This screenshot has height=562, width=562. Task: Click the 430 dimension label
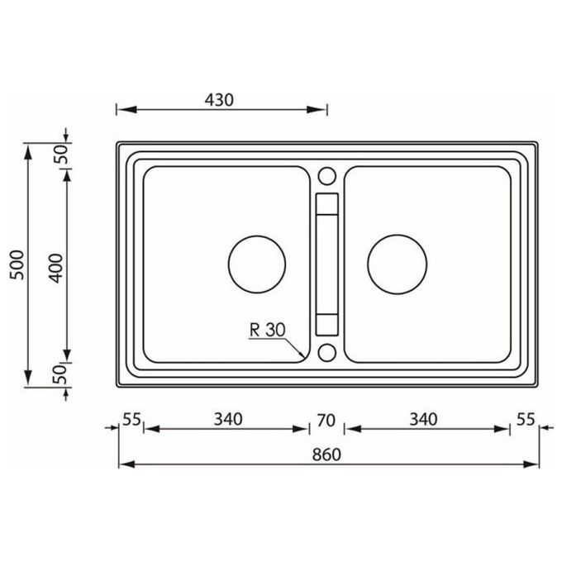(219, 100)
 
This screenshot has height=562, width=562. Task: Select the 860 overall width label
(326, 455)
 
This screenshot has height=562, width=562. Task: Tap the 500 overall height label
(17, 264)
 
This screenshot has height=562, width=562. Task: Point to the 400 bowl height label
(55, 268)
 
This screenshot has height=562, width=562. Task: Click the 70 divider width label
(326, 421)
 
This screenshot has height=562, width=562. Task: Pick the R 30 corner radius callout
(268, 330)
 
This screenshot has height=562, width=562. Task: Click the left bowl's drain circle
(257, 264)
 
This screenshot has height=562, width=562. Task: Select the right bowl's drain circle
(398, 264)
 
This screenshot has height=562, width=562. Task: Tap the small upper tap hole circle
(327, 176)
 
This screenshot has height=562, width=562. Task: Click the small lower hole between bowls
(327, 352)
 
